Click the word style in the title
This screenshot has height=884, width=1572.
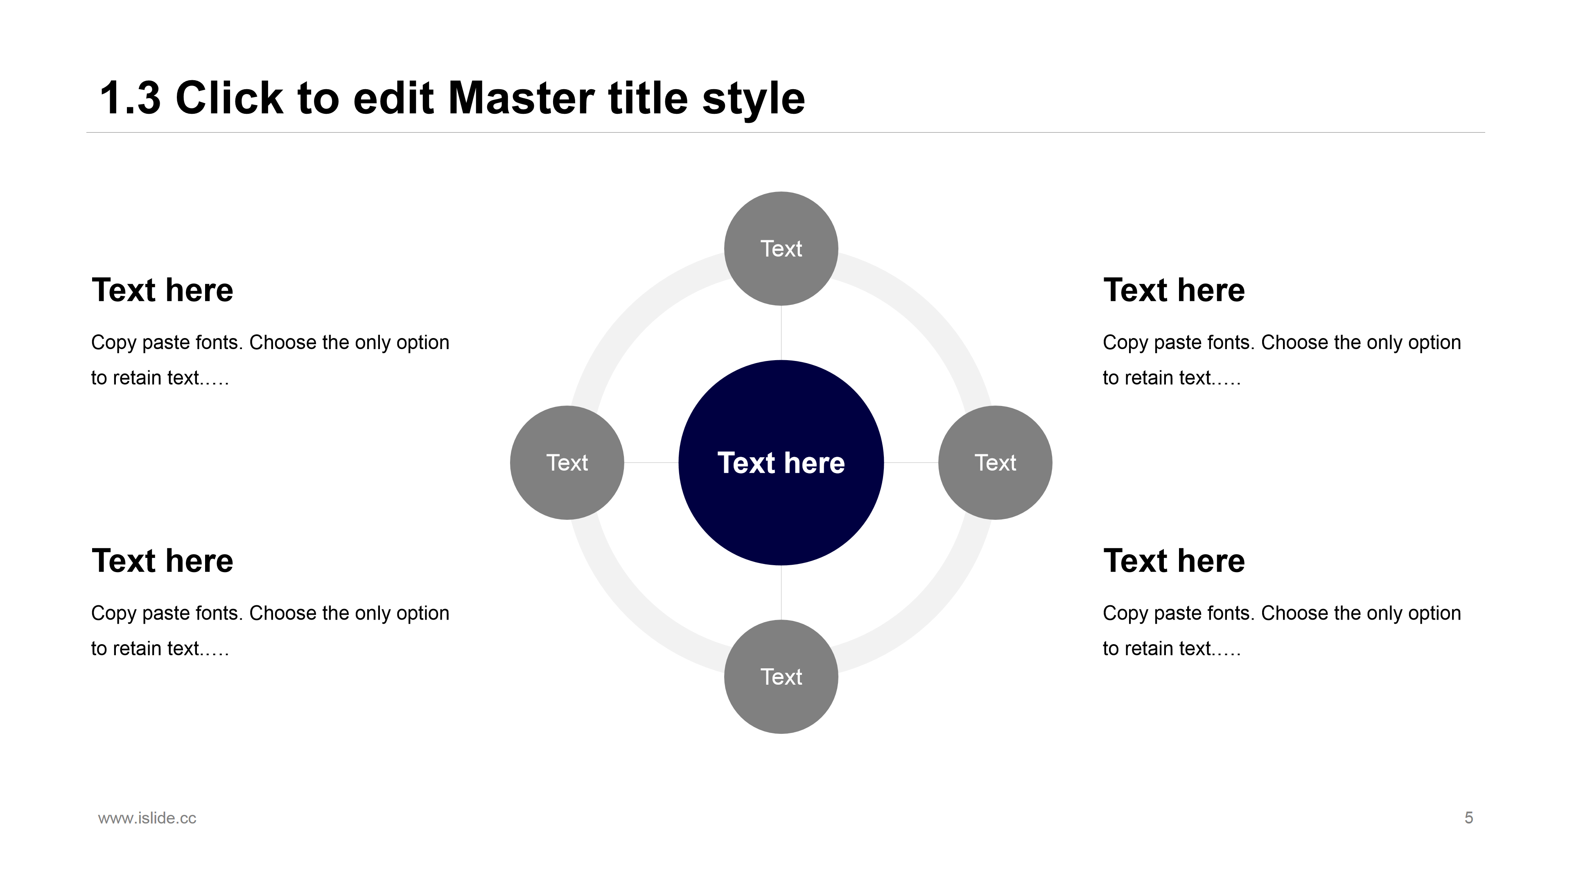pyautogui.click(x=753, y=99)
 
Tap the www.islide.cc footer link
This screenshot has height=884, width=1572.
pyautogui.click(x=147, y=818)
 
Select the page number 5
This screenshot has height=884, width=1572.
pyautogui.click(x=1469, y=818)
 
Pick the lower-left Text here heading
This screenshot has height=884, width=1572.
pyautogui.click(x=163, y=561)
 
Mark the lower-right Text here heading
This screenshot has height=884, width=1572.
pyautogui.click(x=1174, y=561)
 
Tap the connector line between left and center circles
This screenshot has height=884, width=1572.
pyautogui.click(x=651, y=462)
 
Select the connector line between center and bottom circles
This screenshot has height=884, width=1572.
pyautogui.click(x=781, y=592)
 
